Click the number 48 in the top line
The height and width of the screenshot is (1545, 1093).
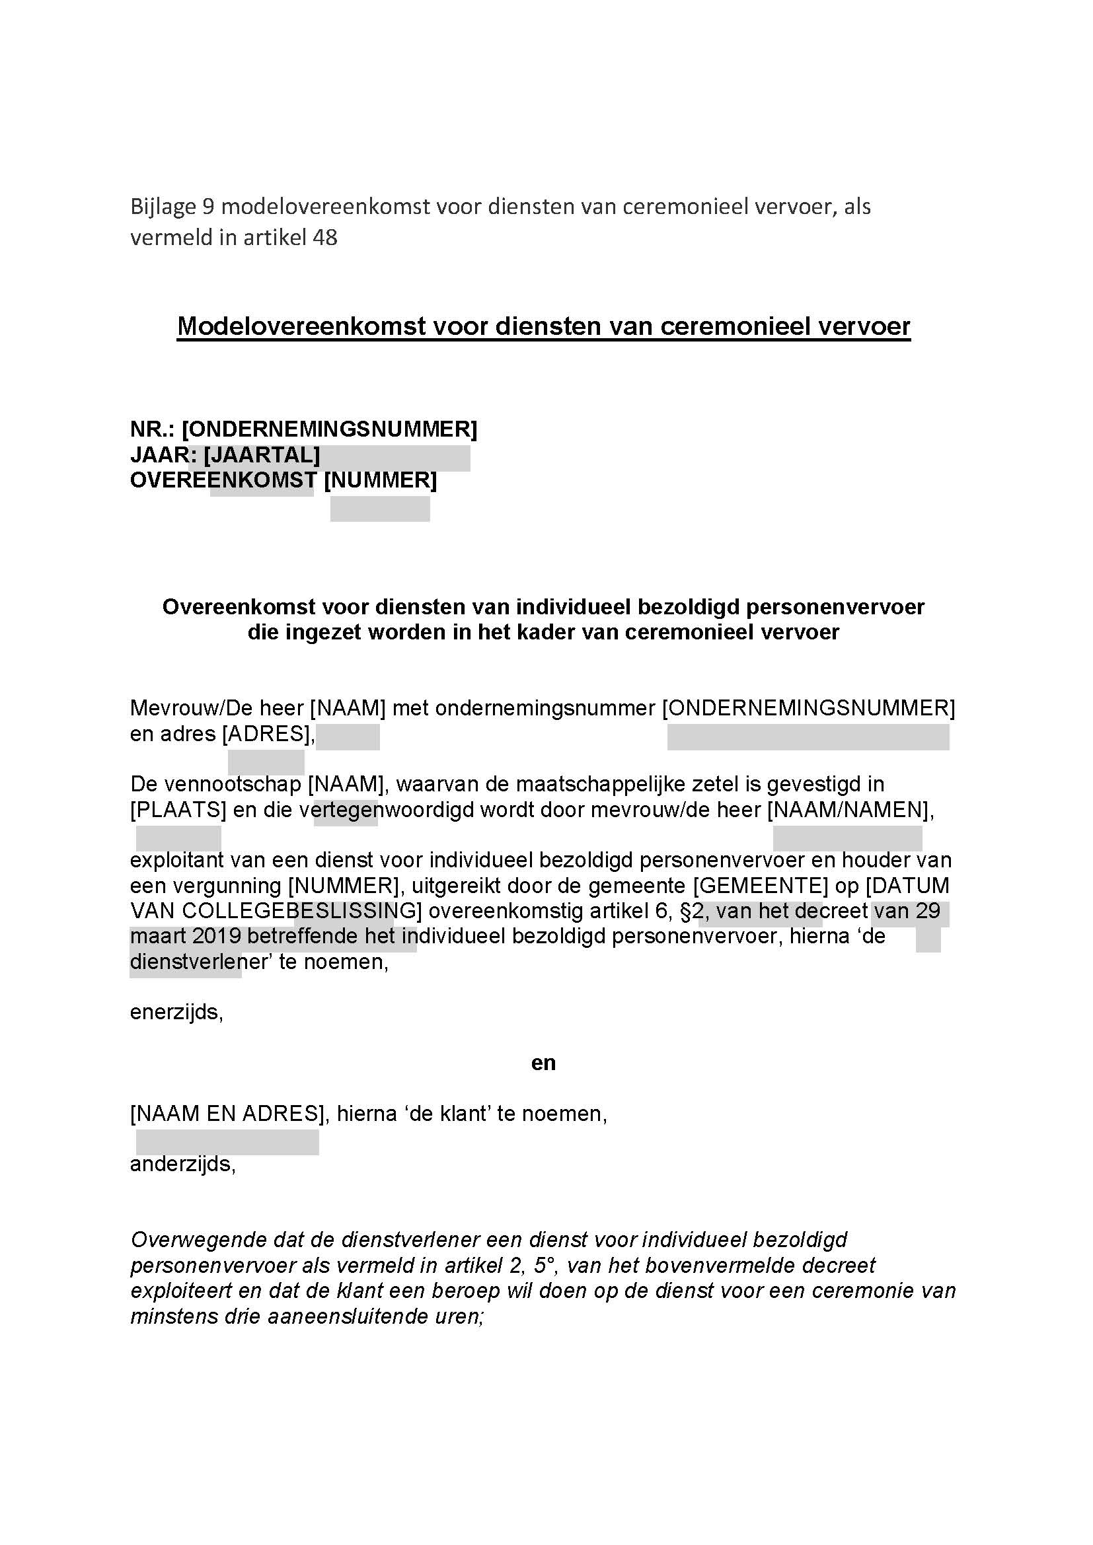point(324,238)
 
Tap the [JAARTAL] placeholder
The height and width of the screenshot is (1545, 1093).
point(262,456)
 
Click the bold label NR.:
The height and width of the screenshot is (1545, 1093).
point(153,429)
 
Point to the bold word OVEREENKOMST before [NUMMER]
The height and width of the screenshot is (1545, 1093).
point(223,480)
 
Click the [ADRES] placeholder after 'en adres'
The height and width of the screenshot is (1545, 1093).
point(268,734)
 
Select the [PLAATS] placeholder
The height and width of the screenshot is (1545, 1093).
point(178,810)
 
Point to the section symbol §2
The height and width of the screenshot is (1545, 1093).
point(693,911)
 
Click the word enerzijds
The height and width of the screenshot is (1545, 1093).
point(176,1012)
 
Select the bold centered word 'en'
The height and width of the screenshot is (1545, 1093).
point(544,1063)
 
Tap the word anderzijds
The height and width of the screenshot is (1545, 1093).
point(183,1165)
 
